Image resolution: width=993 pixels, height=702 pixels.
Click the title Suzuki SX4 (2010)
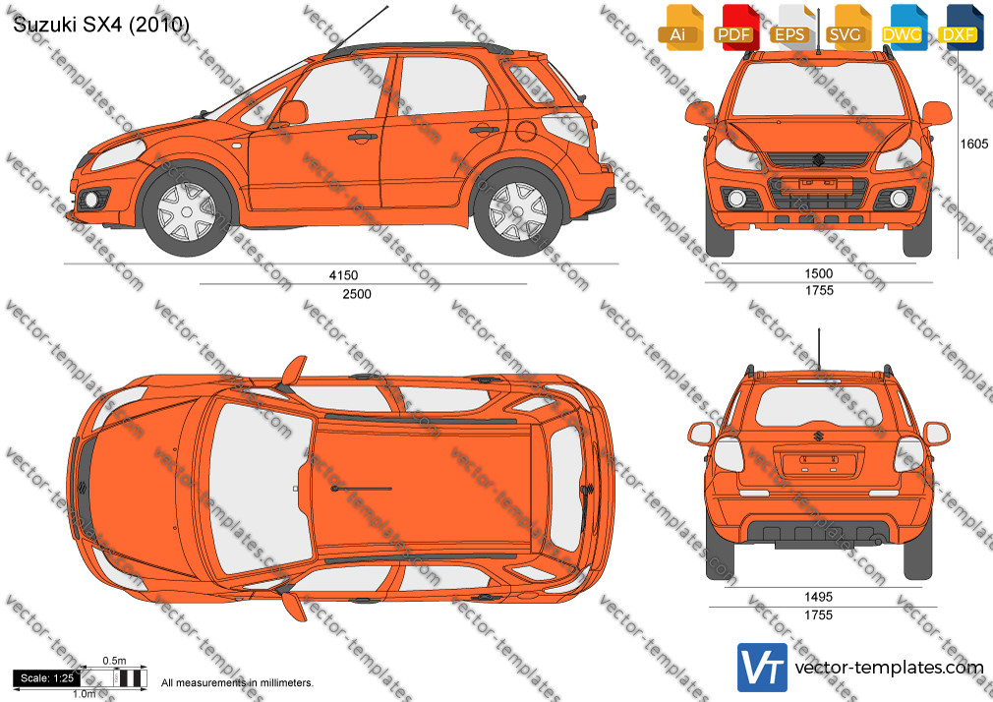point(101,24)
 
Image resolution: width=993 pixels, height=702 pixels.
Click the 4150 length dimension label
point(343,275)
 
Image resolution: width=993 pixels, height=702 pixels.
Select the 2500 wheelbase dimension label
point(357,293)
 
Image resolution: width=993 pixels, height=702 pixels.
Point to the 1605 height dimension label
point(973,144)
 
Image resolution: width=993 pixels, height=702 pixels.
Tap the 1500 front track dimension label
point(818,273)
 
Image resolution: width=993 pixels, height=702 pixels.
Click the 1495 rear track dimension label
point(818,597)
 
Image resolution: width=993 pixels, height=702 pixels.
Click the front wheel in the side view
point(187,210)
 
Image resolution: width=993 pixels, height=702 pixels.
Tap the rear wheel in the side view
point(517,210)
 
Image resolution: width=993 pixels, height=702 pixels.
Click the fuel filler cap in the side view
point(526,131)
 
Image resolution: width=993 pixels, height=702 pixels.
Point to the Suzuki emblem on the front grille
point(818,159)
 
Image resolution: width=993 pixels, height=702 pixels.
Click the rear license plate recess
point(818,461)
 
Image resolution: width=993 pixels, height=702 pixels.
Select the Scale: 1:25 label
point(47,678)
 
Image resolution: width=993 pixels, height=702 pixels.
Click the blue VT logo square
point(763,668)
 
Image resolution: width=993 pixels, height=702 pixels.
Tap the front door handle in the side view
point(362,136)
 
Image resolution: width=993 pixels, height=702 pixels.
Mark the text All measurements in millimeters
point(237,683)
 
